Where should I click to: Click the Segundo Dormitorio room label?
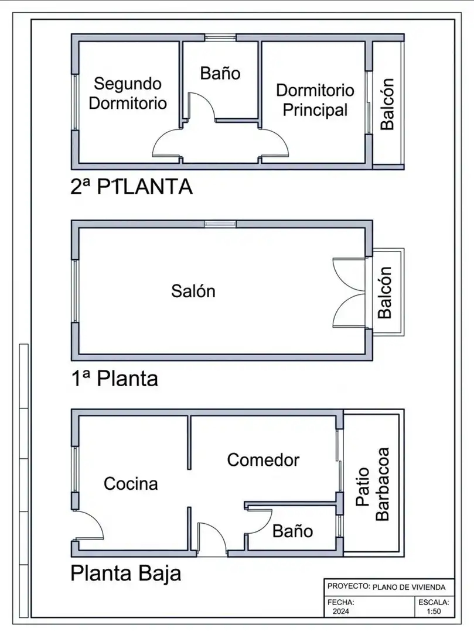(x=128, y=94)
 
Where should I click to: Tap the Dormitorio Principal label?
(x=315, y=100)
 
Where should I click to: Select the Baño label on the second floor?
(x=220, y=73)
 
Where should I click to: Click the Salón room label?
(x=193, y=291)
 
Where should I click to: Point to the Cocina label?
(x=131, y=484)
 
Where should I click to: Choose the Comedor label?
(x=264, y=460)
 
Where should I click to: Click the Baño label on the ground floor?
(x=293, y=531)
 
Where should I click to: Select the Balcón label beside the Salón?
(x=385, y=293)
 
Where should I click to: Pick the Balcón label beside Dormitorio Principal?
(x=387, y=104)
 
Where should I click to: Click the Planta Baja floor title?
(x=126, y=573)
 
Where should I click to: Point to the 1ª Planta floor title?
(x=115, y=379)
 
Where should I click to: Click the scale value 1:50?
(x=434, y=612)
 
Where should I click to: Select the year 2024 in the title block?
(x=341, y=612)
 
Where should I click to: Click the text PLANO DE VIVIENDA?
(x=409, y=588)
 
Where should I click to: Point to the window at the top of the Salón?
(x=220, y=224)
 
